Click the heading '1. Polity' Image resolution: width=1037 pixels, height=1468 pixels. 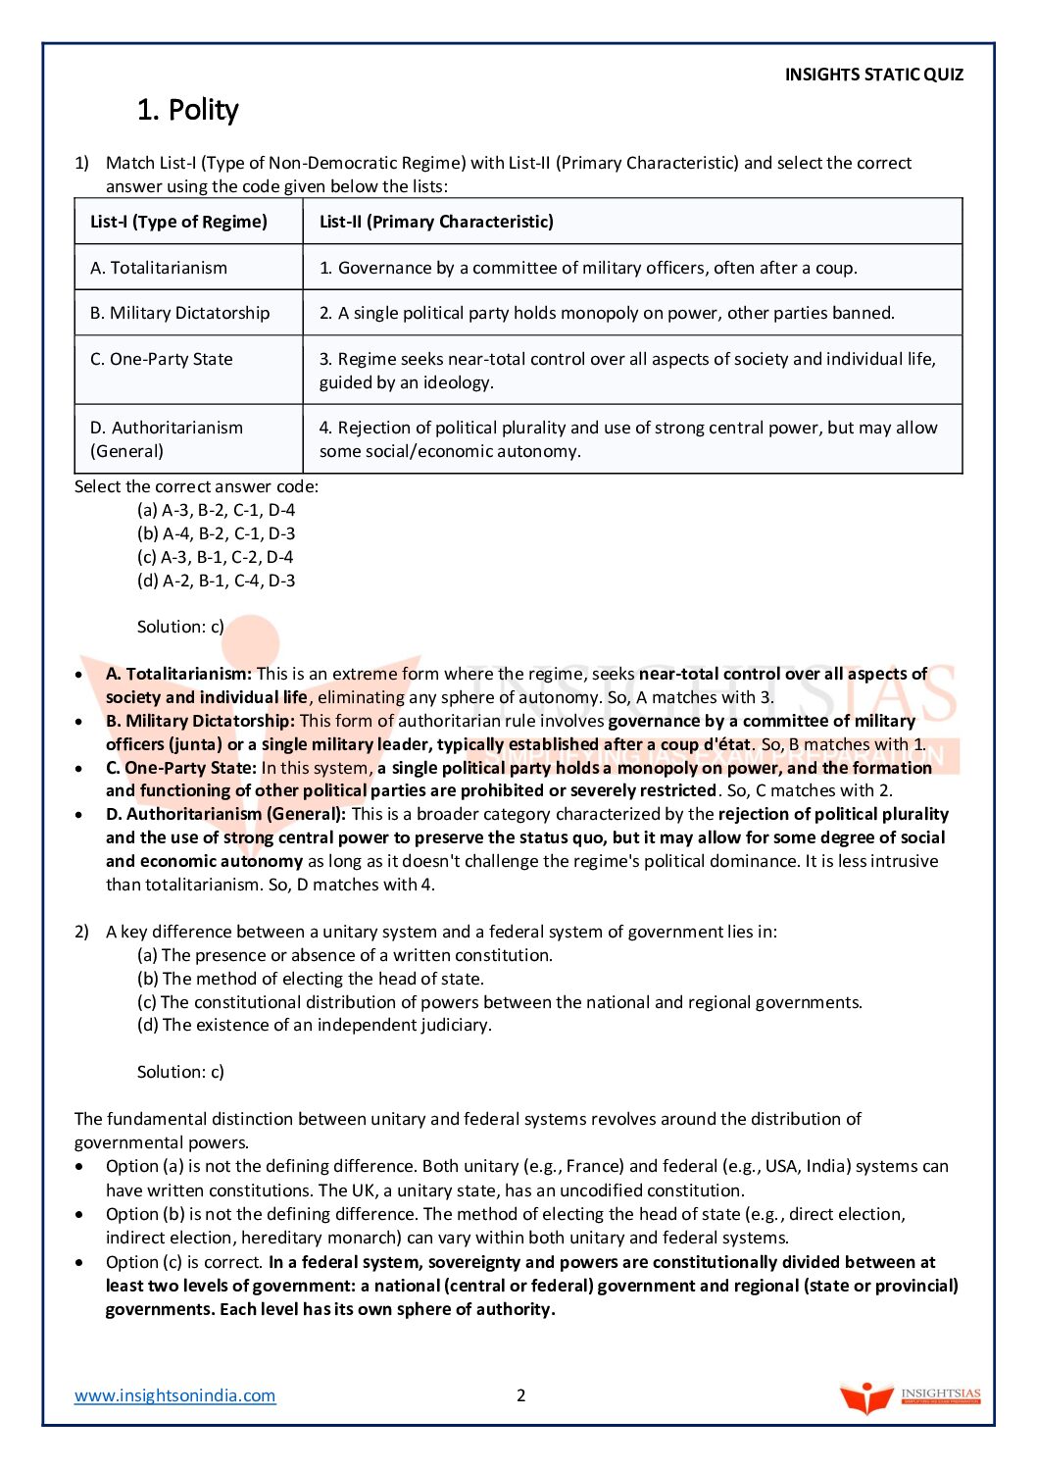pyautogui.click(x=187, y=110)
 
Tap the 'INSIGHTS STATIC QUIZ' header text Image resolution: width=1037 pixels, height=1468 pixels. pyautogui.click(x=873, y=75)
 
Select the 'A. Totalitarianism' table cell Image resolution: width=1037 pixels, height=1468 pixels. pyautogui.click(x=159, y=268)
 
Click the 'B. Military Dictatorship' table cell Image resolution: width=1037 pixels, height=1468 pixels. pyautogui.click(x=179, y=313)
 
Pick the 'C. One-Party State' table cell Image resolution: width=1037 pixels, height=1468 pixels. pyautogui.click(x=162, y=359)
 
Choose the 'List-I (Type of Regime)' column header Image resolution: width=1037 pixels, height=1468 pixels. pyautogui.click(x=178, y=222)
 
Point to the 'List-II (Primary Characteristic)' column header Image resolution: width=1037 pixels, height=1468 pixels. pyautogui.click(x=436, y=222)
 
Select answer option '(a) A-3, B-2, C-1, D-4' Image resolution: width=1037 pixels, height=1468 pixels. pyautogui.click(x=216, y=510)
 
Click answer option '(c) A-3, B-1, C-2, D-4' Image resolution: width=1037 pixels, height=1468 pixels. pyautogui.click(x=216, y=557)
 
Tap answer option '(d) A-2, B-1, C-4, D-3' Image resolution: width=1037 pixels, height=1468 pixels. pyautogui.click(x=216, y=581)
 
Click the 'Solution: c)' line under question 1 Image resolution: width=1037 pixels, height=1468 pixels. pyautogui.click(x=180, y=627)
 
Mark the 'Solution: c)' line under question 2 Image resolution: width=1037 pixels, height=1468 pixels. pyautogui.click(x=180, y=1072)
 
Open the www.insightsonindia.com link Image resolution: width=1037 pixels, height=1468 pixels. pyautogui.click(x=175, y=1395)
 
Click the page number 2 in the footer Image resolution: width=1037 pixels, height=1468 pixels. pyautogui.click(x=521, y=1395)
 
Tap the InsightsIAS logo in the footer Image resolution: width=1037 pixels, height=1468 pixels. pyautogui.click(x=910, y=1396)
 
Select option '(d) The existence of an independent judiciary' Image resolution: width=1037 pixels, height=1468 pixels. pyautogui.click(x=314, y=1025)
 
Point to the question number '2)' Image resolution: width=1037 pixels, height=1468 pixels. pyautogui.click(x=81, y=932)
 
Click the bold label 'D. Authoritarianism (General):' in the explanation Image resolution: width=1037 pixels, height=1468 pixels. pyautogui.click(x=225, y=814)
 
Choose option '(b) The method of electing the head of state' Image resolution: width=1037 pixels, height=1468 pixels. pyautogui.click(x=310, y=979)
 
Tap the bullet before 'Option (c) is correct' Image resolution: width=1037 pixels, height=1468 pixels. pyautogui.click(x=79, y=1262)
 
